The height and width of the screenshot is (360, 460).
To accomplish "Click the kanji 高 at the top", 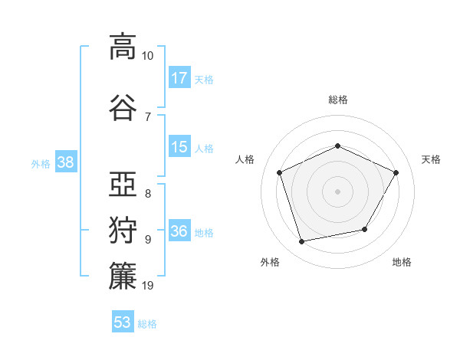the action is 123,47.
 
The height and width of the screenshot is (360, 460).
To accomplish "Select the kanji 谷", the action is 123,107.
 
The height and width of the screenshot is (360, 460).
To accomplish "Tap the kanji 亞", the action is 123,184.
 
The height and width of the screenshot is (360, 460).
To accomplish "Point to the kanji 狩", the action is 123,230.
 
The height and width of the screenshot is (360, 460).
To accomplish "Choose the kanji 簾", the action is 123,276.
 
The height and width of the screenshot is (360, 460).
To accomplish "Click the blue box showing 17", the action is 179,77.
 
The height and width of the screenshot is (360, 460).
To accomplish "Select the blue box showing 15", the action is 179,146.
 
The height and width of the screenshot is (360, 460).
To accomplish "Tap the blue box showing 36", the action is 179,230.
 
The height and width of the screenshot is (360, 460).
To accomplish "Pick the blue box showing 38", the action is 66,162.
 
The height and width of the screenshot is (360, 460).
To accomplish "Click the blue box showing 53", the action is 123,321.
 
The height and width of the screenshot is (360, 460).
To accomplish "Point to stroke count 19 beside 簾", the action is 147,286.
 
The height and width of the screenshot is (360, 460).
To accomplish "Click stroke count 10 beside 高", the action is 147,56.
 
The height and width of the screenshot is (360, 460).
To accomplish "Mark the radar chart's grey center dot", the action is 337,191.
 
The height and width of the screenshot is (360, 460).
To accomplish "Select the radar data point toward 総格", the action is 337,146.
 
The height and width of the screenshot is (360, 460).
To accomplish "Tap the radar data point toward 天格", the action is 396,172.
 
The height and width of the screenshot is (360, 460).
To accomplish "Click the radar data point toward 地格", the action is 365,229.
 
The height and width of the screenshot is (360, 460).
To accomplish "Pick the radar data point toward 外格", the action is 301,241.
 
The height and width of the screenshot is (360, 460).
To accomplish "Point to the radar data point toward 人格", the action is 279,172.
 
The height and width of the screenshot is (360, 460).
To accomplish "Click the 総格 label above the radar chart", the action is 338,100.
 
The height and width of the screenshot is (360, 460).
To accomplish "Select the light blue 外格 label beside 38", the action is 41,164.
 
